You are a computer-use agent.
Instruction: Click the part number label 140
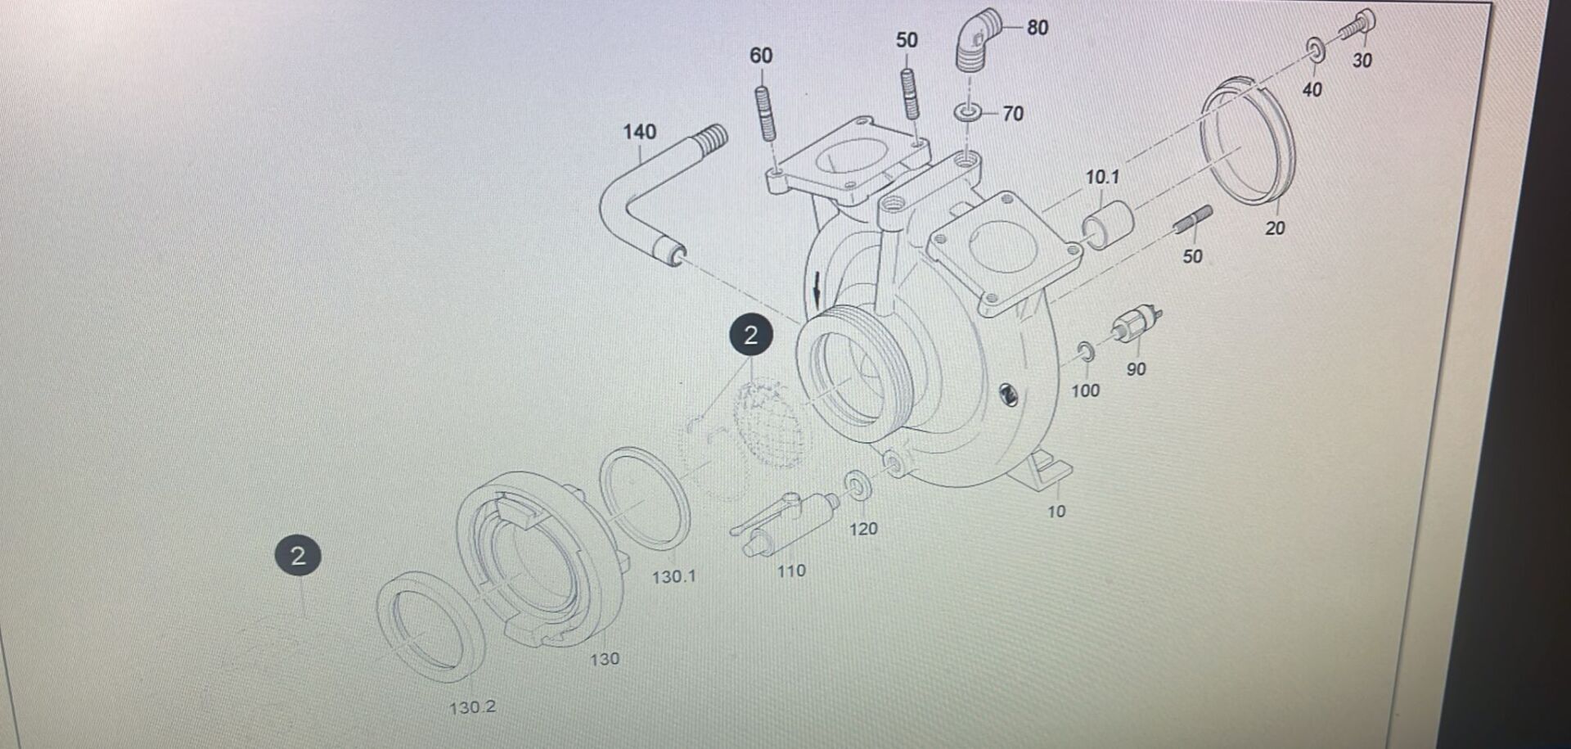(639, 132)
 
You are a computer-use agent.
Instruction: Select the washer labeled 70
(968, 112)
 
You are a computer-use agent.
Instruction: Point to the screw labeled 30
(1359, 26)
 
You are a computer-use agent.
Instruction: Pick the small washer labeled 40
(1315, 51)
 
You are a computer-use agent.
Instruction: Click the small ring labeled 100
(1086, 353)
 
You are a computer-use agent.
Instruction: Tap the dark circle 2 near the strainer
(750, 335)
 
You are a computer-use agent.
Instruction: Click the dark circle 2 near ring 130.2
(298, 556)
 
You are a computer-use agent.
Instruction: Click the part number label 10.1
(1101, 177)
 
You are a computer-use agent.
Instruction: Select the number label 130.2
(472, 707)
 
